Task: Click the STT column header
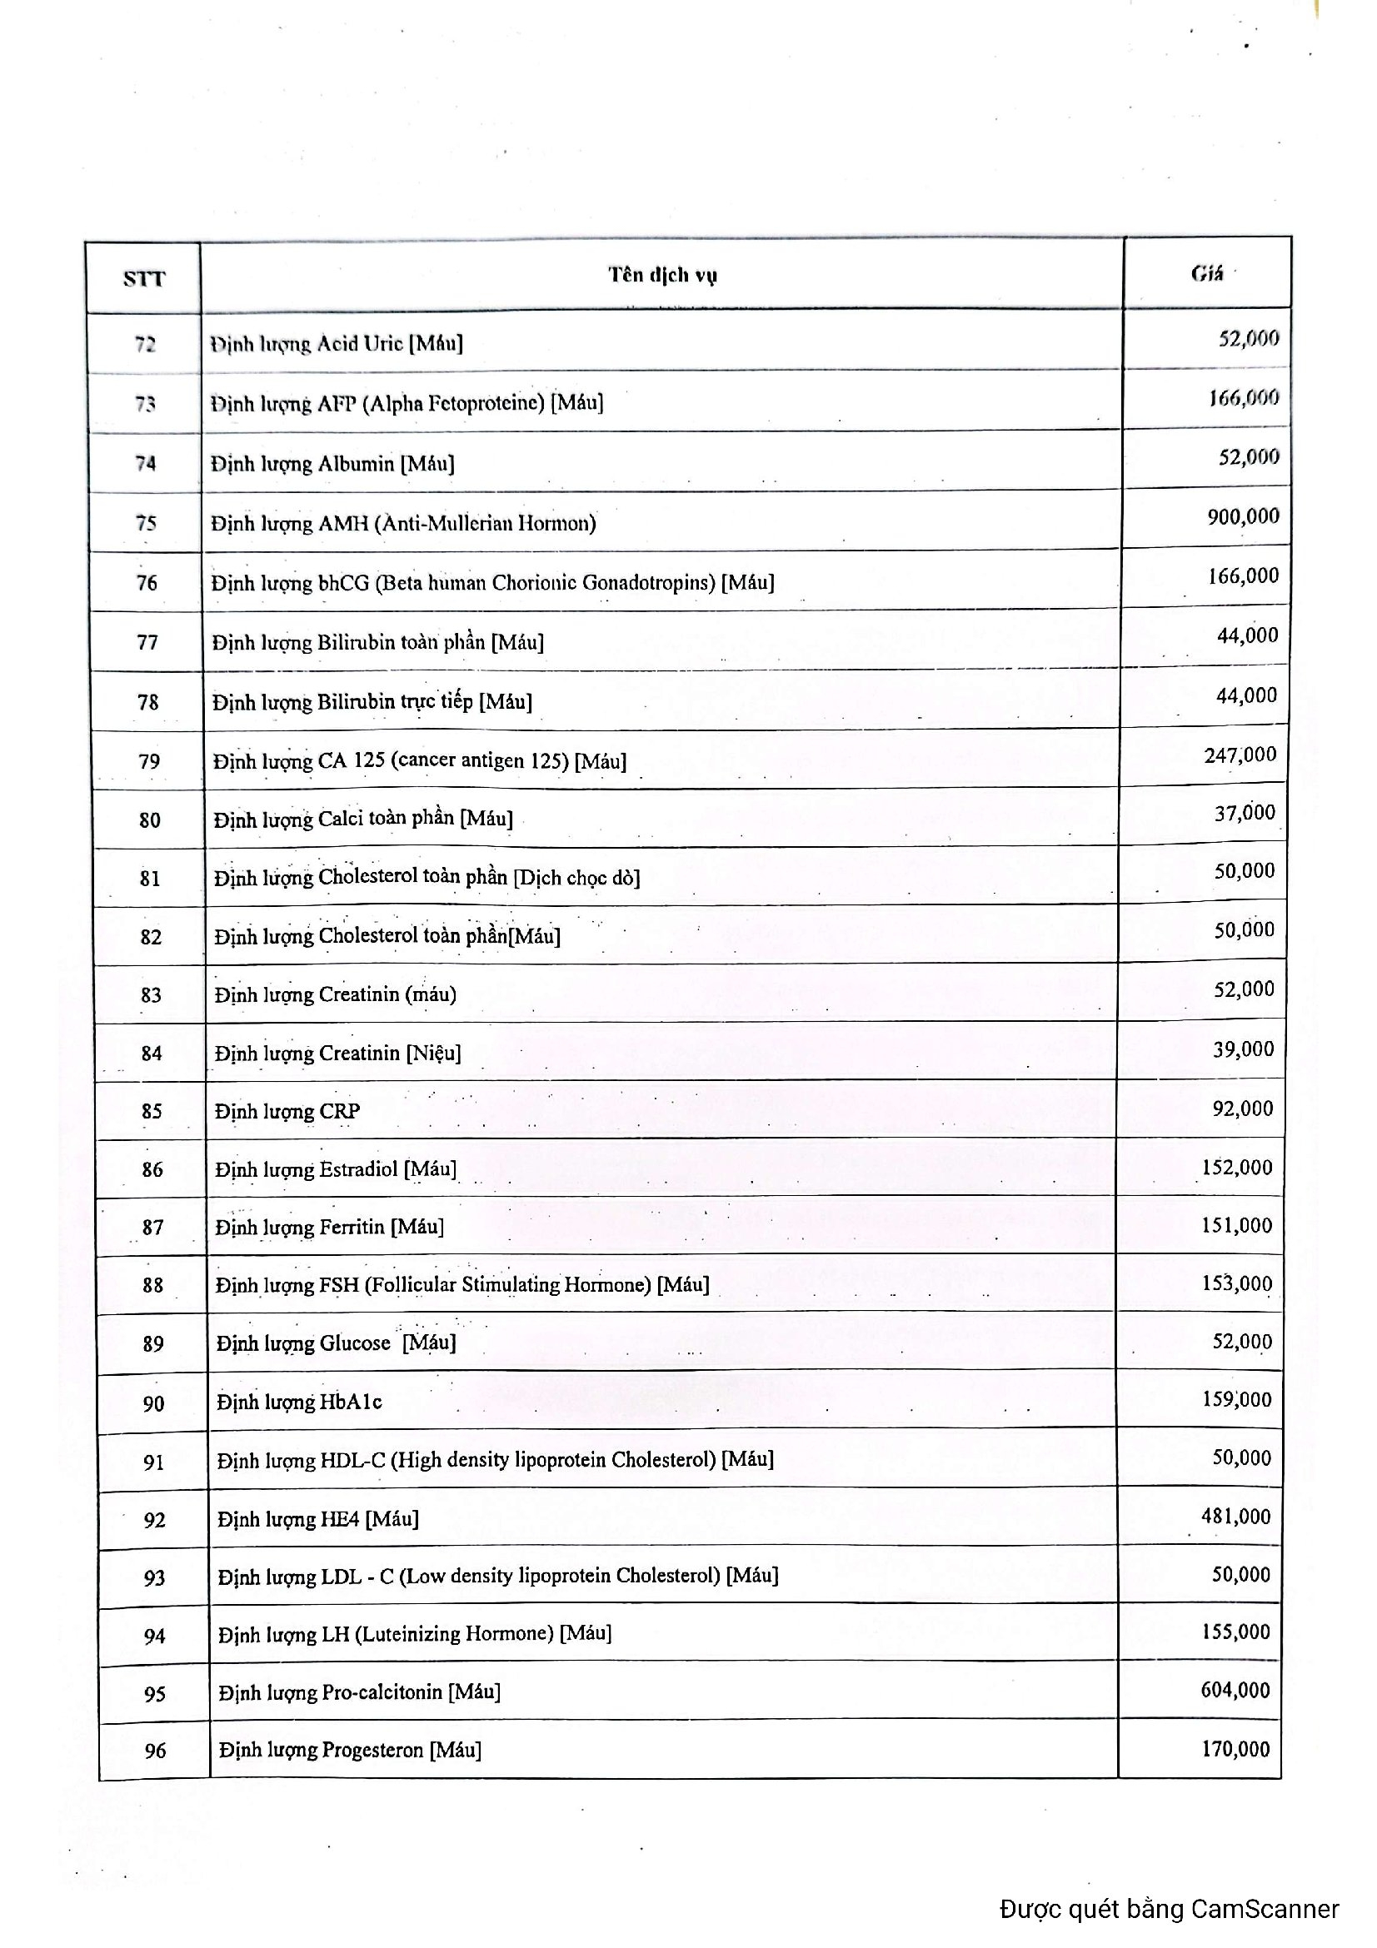(143, 278)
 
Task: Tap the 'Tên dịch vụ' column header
(661, 275)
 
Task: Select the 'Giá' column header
(1206, 273)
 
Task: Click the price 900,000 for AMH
(1243, 516)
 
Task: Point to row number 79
(149, 761)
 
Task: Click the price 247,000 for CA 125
(1240, 755)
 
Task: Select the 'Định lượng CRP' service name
(287, 1111)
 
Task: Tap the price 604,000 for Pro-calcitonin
(1235, 1689)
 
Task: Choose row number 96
(155, 1750)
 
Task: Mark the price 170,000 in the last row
(1235, 1748)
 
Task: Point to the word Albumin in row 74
(356, 463)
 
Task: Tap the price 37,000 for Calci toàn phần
(1245, 813)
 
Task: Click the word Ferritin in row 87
(352, 1226)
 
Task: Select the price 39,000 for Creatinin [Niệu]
(1243, 1049)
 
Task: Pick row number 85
(152, 1111)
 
